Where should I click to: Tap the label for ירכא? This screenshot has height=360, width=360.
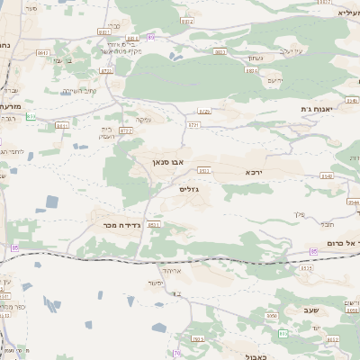click(256, 170)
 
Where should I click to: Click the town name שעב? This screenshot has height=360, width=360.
click(310, 310)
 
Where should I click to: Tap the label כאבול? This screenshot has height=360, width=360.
click(256, 355)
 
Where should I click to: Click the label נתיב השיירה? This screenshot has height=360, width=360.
click(80, 91)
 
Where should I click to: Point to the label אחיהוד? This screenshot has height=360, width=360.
click(171, 269)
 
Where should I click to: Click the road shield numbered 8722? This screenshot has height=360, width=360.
click(126, 131)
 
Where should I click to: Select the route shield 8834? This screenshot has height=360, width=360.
click(251, 69)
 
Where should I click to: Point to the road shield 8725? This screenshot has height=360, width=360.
click(204, 112)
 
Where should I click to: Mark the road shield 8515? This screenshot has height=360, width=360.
click(306, 267)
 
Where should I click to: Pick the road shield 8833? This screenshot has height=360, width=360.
click(220, 52)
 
